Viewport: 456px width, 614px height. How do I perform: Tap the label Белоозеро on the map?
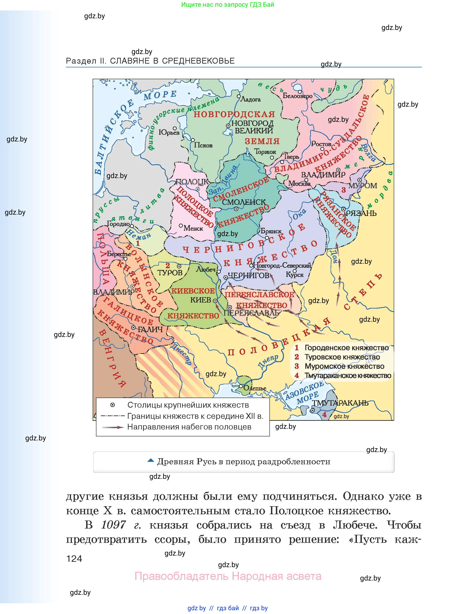tap(298, 96)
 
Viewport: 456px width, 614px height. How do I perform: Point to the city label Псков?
tap(203, 145)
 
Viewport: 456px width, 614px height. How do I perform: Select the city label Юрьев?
tap(169, 133)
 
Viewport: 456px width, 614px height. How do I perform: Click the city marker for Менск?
tap(181, 226)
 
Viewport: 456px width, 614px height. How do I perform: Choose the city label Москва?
tap(299, 183)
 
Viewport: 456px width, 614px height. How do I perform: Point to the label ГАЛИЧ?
tap(150, 330)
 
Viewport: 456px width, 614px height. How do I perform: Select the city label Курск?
tap(295, 275)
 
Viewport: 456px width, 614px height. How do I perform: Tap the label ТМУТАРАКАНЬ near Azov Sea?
tap(340, 403)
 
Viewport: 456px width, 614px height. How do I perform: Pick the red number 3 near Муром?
tap(344, 190)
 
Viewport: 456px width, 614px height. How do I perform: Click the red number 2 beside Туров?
tap(168, 266)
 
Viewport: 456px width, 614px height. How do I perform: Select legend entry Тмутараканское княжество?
tap(348, 375)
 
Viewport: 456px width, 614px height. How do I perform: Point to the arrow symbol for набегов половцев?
tap(113, 427)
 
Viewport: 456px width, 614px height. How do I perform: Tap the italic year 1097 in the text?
tap(113, 525)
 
